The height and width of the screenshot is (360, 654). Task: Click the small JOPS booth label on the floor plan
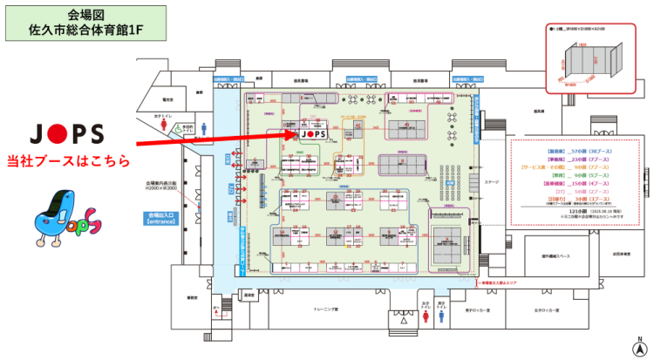point(313,135)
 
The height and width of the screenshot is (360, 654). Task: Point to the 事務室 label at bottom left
point(190,298)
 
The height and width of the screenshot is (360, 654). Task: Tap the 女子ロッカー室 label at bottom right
point(547,310)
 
